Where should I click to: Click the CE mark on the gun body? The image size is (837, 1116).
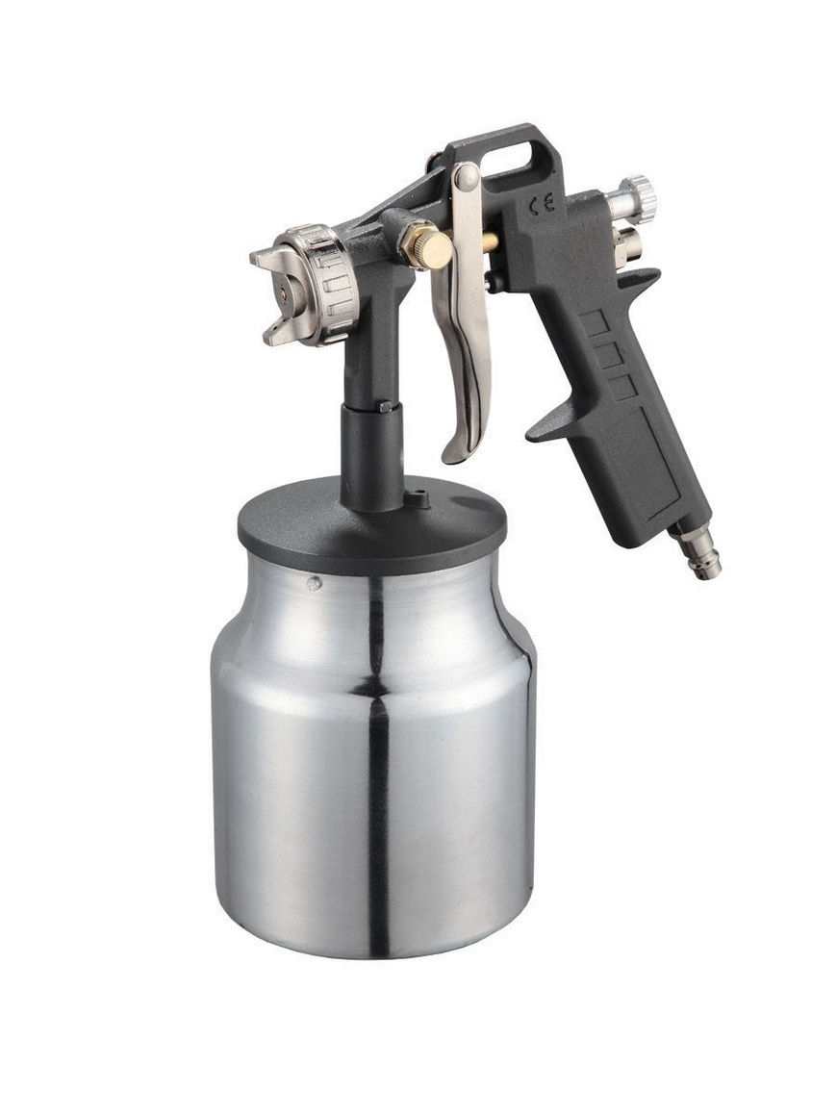(x=541, y=206)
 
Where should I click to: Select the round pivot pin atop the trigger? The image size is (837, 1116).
(x=467, y=177)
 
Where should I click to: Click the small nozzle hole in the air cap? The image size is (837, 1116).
(x=284, y=292)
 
